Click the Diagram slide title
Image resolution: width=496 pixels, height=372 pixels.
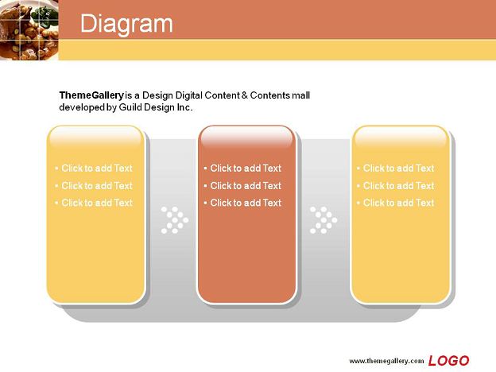(126, 24)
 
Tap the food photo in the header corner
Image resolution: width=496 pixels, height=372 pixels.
(29, 30)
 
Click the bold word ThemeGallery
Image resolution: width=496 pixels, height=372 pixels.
(91, 95)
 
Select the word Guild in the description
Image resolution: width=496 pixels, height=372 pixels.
(130, 107)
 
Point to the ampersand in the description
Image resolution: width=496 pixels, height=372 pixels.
(245, 95)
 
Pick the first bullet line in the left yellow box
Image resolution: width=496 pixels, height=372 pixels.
(94, 168)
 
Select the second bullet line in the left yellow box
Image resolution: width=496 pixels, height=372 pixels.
(94, 185)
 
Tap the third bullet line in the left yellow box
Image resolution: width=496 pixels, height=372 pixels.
(94, 203)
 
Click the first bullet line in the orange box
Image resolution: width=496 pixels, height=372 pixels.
(242, 168)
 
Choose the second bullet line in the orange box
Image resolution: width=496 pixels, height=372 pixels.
(242, 185)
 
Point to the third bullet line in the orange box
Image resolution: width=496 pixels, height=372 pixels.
(242, 203)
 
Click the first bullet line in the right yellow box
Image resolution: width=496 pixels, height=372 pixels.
(395, 168)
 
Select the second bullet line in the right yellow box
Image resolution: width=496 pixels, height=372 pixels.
(395, 185)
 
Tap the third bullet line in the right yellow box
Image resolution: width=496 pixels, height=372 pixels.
(395, 203)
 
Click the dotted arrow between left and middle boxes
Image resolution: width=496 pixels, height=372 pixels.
(175, 220)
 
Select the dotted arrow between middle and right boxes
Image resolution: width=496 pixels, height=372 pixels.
(324, 220)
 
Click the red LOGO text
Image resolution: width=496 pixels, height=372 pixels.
(448, 361)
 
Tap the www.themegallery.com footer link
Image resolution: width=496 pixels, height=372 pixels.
(386, 361)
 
